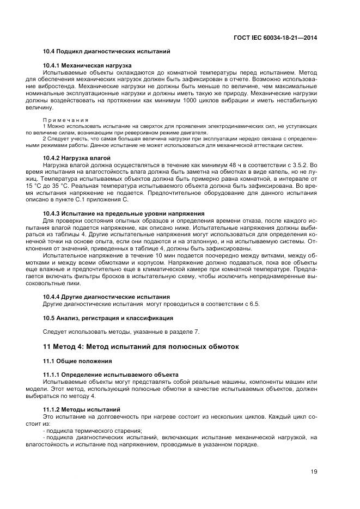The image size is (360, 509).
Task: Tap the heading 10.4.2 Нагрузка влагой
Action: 77,157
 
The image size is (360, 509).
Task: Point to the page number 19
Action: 314,472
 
